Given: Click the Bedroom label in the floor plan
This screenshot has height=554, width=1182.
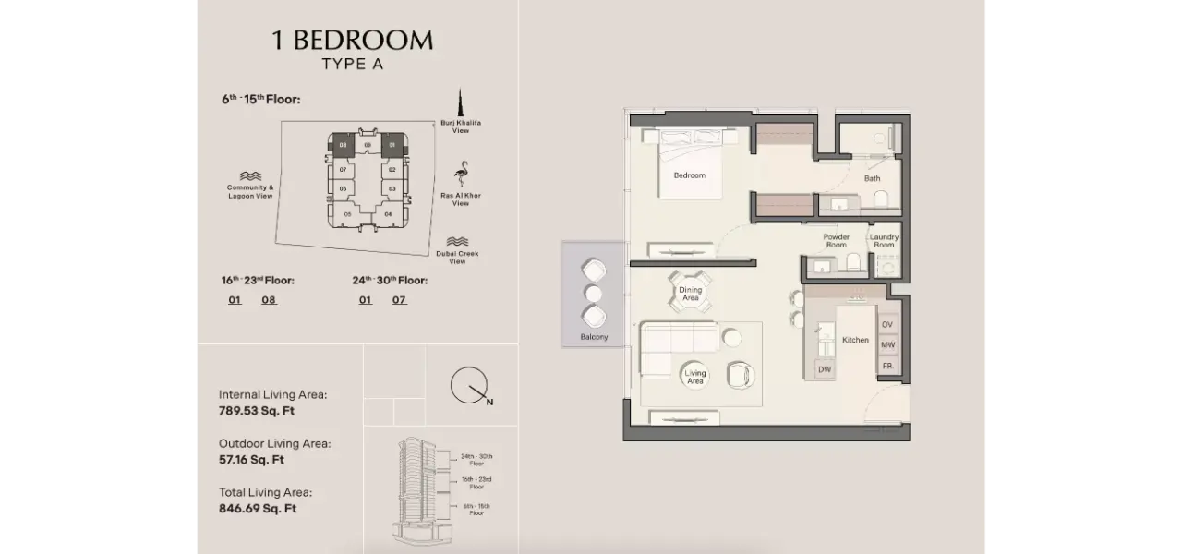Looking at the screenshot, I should coord(689,175).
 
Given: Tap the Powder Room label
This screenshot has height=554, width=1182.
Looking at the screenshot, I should coord(836,241).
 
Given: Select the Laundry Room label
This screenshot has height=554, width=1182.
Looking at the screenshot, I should coord(884,241).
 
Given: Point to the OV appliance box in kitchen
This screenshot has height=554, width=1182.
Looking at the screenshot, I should coord(887,324).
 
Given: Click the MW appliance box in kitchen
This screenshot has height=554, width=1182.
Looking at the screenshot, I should coord(887,345).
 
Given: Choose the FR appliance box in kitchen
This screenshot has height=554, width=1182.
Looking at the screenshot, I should coord(887,367).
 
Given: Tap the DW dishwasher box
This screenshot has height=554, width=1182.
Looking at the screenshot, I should coord(825,369).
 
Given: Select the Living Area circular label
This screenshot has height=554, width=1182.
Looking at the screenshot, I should coord(695,377).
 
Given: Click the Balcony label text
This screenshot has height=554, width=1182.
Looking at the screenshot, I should coord(594,337).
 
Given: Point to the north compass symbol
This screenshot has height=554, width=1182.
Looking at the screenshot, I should coord(469,386).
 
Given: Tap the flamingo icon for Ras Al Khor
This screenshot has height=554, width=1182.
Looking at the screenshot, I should coord(461,175).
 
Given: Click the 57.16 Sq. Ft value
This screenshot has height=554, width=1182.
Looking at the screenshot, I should coord(251,459).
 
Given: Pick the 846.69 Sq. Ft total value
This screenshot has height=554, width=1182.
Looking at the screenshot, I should coord(258,508).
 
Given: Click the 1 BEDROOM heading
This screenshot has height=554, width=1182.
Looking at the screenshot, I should coord(352,41).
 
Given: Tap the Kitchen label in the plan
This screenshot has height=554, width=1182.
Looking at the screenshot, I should coord(855,340).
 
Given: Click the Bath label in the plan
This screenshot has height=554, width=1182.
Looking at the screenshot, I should coord(872,178).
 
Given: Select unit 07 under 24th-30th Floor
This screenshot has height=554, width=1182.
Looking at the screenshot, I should coord(399,300).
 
